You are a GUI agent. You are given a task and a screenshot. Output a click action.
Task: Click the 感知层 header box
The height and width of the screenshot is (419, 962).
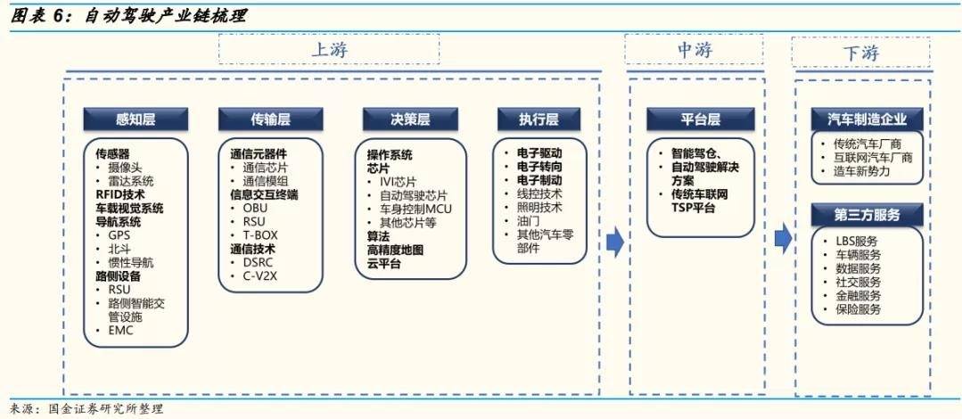136,119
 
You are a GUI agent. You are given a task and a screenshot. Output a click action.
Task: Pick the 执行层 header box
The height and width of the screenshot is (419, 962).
539,119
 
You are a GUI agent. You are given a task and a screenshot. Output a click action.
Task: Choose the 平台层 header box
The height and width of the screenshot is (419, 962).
695,119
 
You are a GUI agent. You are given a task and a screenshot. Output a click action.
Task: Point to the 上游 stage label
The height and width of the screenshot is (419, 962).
330,51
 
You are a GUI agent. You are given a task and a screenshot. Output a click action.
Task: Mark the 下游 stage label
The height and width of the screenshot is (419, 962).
860,53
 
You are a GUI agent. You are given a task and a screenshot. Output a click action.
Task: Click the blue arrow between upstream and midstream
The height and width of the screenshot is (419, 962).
614,241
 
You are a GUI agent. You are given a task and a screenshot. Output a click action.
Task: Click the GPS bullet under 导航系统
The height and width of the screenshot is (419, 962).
119,236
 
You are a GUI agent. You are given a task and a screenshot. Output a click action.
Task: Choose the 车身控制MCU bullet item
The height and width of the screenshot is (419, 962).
415,209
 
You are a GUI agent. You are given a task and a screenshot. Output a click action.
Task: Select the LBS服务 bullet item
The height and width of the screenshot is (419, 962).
855,241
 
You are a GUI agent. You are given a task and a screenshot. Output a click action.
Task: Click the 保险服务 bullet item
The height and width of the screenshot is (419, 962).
857,309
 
